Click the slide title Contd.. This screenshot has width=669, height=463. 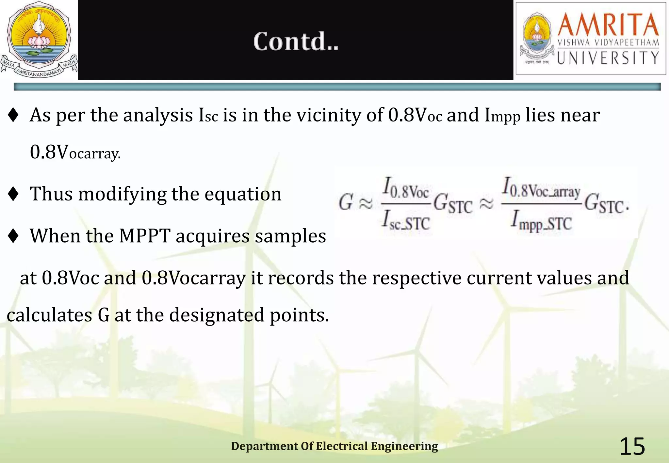[296, 41]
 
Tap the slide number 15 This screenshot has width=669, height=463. [632, 446]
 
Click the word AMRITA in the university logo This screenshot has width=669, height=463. [608, 25]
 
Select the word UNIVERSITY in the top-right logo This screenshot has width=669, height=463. [608, 58]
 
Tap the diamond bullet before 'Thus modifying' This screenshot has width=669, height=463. [13, 194]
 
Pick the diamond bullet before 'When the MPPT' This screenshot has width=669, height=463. [13, 236]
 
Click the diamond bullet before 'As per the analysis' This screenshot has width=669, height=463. [13, 115]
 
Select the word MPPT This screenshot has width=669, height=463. [144, 236]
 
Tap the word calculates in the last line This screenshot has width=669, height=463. [49, 315]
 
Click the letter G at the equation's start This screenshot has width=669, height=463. [346, 202]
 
